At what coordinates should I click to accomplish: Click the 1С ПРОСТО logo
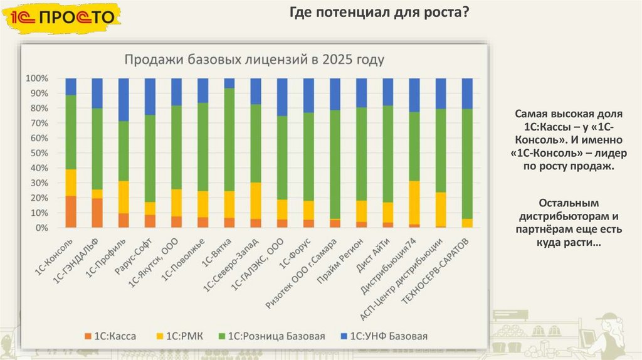click(x=61, y=18)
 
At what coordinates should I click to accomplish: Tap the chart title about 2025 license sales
click(x=254, y=60)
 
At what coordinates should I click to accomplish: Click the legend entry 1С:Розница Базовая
click(x=270, y=336)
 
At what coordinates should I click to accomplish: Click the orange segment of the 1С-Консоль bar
click(x=71, y=212)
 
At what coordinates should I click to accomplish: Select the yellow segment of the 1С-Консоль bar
click(x=71, y=183)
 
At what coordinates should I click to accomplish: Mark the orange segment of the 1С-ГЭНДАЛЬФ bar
click(x=97, y=213)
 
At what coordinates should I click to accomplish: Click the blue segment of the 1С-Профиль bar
click(x=124, y=99)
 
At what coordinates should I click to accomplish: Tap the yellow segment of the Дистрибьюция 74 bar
click(x=414, y=202)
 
